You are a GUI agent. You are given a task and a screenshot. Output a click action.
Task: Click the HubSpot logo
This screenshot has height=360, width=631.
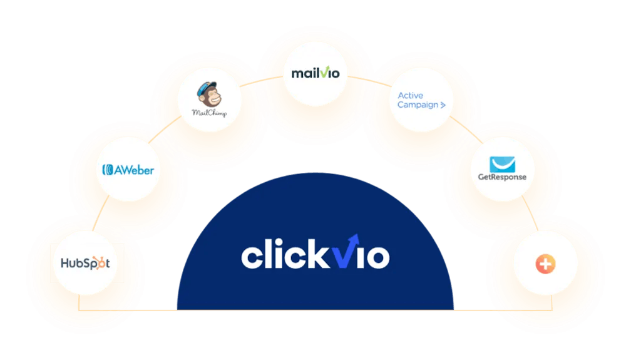(x=85, y=264)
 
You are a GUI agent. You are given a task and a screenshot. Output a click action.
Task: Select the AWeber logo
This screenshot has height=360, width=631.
(x=128, y=170)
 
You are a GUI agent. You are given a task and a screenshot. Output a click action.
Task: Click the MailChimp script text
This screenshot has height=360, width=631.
(x=210, y=113)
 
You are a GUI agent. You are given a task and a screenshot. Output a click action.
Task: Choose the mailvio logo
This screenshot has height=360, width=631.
(x=315, y=73)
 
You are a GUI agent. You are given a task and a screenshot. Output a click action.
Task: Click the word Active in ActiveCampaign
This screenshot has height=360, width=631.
(x=411, y=96)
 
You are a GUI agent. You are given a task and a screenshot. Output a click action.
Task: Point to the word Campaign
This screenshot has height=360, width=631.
(x=418, y=105)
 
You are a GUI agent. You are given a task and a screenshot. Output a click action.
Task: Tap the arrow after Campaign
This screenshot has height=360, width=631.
(x=443, y=105)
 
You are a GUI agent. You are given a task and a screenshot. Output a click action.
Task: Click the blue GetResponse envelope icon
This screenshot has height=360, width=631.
(x=501, y=163)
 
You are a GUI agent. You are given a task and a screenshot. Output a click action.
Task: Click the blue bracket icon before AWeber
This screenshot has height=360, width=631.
(x=106, y=170)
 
